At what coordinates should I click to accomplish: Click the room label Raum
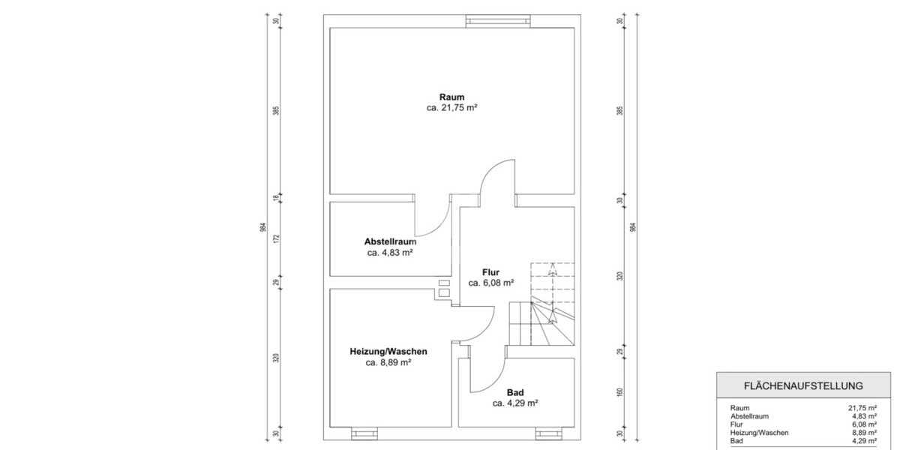[x=452, y=97]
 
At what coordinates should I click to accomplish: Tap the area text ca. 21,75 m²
[x=452, y=108]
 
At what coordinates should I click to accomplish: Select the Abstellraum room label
[x=390, y=241]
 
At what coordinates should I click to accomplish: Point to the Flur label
[x=491, y=272]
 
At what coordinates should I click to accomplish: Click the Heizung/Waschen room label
[x=388, y=352]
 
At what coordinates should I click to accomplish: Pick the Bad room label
[x=515, y=392]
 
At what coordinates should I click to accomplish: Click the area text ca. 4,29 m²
[x=515, y=403]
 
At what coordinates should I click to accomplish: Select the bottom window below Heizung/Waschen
[x=365, y=433]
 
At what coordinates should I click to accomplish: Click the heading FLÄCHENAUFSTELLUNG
[x=802, y=385]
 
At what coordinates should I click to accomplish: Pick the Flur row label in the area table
[x=737, y=424]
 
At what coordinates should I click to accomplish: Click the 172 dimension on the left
[x=276, y=239]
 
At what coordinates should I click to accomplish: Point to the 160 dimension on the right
[x=620, y=392]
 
